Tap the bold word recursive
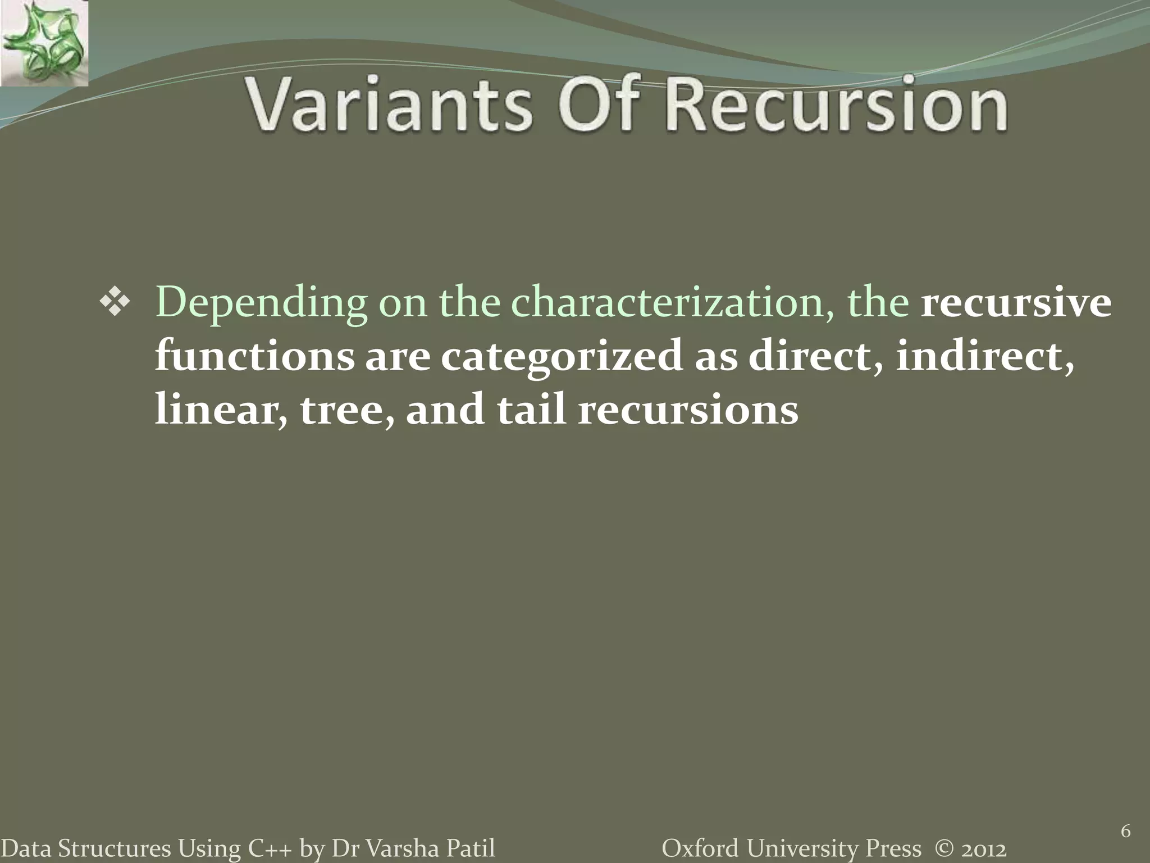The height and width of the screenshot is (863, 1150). coord(1016,302)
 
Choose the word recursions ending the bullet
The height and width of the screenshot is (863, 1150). coord(688,409)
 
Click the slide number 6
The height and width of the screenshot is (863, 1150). coord(1125,832)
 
